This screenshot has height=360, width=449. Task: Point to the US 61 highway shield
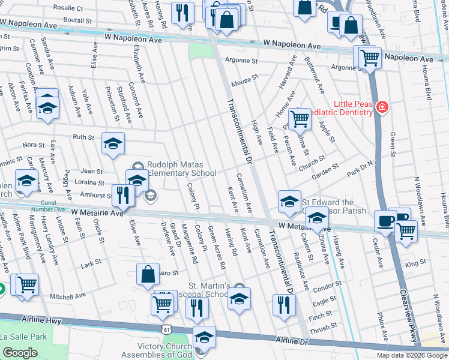tap(166, 329)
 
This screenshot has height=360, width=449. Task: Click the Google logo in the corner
tap(19, 353)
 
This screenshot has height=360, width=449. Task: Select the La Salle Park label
tap(23, 337)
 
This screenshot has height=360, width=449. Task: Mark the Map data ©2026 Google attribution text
tap(412, 355)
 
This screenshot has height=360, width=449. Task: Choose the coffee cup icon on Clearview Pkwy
tap(385, 221)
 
